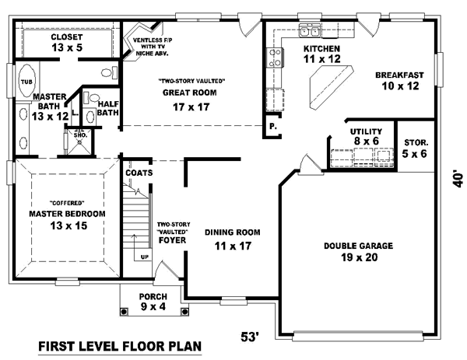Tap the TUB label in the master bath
point(26,81)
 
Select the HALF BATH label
point(107,107)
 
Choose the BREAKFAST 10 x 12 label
point(399,81)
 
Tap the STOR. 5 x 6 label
point(416,149)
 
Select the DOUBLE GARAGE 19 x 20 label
point(358,252)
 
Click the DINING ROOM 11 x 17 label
point(232,239)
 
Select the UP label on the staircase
point(143,256)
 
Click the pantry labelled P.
point(272,126)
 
